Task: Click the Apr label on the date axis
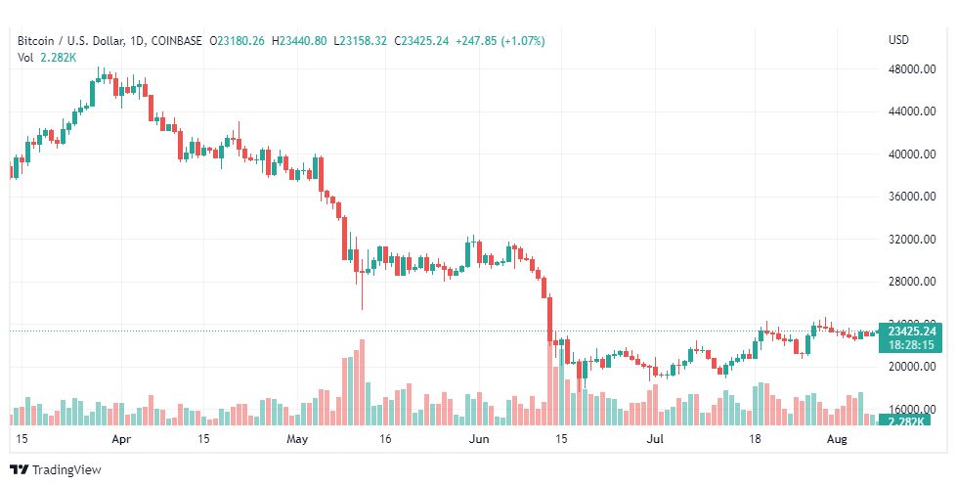click(x=121, y=440)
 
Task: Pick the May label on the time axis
click(x=298, y=440)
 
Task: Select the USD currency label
click(x=898, y=40)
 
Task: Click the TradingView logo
click(x=56, y=469)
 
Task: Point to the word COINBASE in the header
click(x=176, y=40)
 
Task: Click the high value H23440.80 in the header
click(x=300, y=40)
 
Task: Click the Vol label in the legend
click(x=25, y=57)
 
